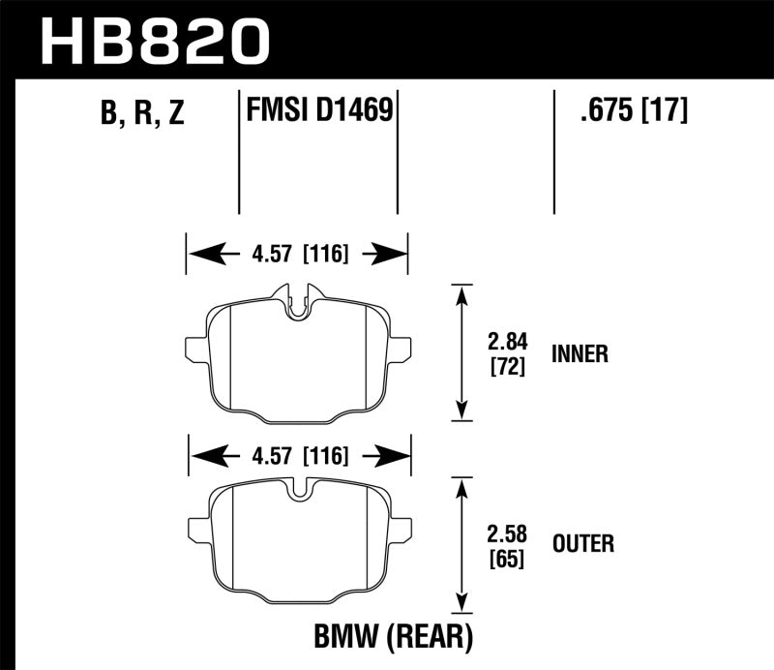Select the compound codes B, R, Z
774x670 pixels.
[141, 114]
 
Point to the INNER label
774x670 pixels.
[580, 354]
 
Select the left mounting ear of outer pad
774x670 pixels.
[197, 527]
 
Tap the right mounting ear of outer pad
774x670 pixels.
[404, 527]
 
